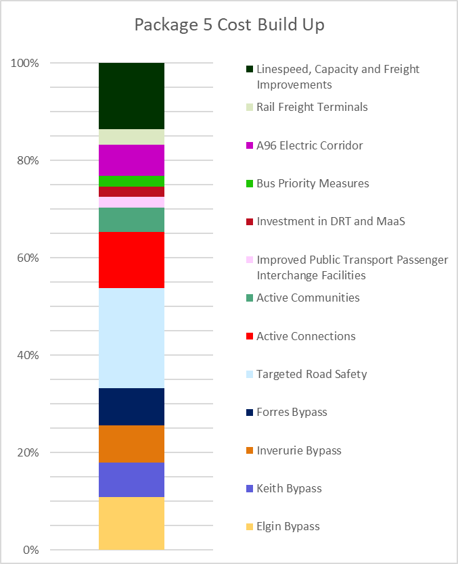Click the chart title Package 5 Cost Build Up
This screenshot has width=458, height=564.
pyautogui.click(x=229, y=25)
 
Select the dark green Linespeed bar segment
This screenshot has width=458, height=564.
pyautogui.click(x=131, y=95)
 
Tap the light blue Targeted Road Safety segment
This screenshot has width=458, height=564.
pyautogui.click(x=131, y=338)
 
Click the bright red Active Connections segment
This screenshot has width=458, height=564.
pyautogui.click(x=131, y=260)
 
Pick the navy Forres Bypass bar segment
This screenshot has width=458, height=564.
pyautogui.click(x=131, y=406)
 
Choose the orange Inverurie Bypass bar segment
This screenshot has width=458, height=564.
pyautogui.click(x=131, y=444)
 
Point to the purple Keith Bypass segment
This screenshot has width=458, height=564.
pyautogui.click(x=131, y=479)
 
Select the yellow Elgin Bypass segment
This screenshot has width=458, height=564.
pyautogui.click(x=131, y=523)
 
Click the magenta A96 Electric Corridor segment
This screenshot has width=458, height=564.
pyautogui.click(x=131, y=160)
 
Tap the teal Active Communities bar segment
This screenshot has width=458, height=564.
pyautogui.click(x=131, y=220)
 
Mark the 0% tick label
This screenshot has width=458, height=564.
pyautogui.click(x=30, y=550)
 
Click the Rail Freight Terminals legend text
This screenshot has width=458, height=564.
pyautogui.click(x=312, y=107)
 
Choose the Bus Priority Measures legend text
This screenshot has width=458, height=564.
pyautogui.click(x=313, y=183)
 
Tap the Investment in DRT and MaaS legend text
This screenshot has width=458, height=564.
pyautogui.click(x=330, y=221)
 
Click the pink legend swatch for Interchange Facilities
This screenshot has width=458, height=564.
pyautogui.click(x=250, y=260)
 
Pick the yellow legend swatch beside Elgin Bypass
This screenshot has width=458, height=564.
pyautogui.click(x=250, y=527)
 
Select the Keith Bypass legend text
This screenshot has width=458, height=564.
pyautogui.click(x=289, y=488)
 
